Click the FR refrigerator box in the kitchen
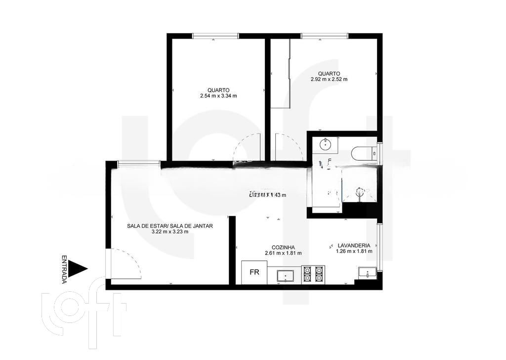click(254, 272)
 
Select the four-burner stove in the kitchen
click(313, 274)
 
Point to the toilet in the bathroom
click(363, 154)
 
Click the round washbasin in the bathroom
click(326, 145)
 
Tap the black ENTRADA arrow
click(78, 269)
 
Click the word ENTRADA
click(64, 270)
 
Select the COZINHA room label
click(283, 247)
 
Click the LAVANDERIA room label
click(354, 245)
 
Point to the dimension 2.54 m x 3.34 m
click(218, 96)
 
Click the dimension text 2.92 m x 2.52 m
click(329, 79)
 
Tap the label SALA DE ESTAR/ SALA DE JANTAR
click(169, 225)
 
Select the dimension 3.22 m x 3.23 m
click(169, 231)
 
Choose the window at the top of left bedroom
click(215, 36)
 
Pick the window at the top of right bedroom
click(324, 36)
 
